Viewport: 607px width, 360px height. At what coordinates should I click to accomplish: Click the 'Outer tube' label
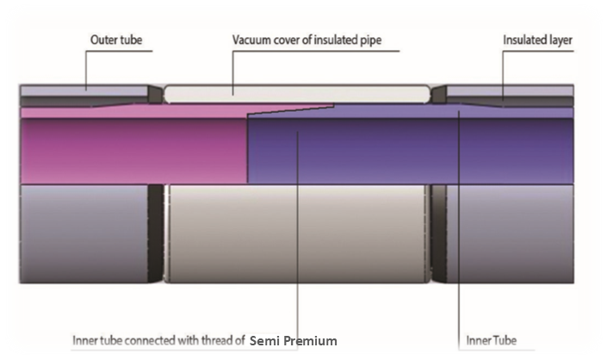[116, 40]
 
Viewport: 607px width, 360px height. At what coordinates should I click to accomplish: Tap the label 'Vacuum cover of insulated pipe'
[307, 40]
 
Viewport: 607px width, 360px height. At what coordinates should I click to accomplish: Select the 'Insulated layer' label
[537, 40]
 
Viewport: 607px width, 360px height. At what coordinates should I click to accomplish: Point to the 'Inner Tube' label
[492, 341]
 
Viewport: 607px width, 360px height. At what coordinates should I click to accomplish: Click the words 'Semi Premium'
[294, 341]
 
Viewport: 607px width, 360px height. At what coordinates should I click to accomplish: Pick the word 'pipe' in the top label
[371, 40]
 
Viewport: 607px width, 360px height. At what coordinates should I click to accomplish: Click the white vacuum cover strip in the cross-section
[297, 94]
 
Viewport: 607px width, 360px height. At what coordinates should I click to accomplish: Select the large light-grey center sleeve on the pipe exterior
[297, 233]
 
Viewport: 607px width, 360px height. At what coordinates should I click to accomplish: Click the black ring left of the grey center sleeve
[156, 233]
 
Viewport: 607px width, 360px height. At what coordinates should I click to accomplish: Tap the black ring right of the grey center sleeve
[438, 233]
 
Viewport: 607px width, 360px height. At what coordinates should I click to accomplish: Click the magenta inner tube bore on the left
[134, 151]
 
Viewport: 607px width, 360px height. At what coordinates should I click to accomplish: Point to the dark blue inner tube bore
[411, 151]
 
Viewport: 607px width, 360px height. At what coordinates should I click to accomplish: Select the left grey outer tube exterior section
[84, 233]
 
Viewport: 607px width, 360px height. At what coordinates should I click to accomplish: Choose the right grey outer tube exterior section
[511, 233]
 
